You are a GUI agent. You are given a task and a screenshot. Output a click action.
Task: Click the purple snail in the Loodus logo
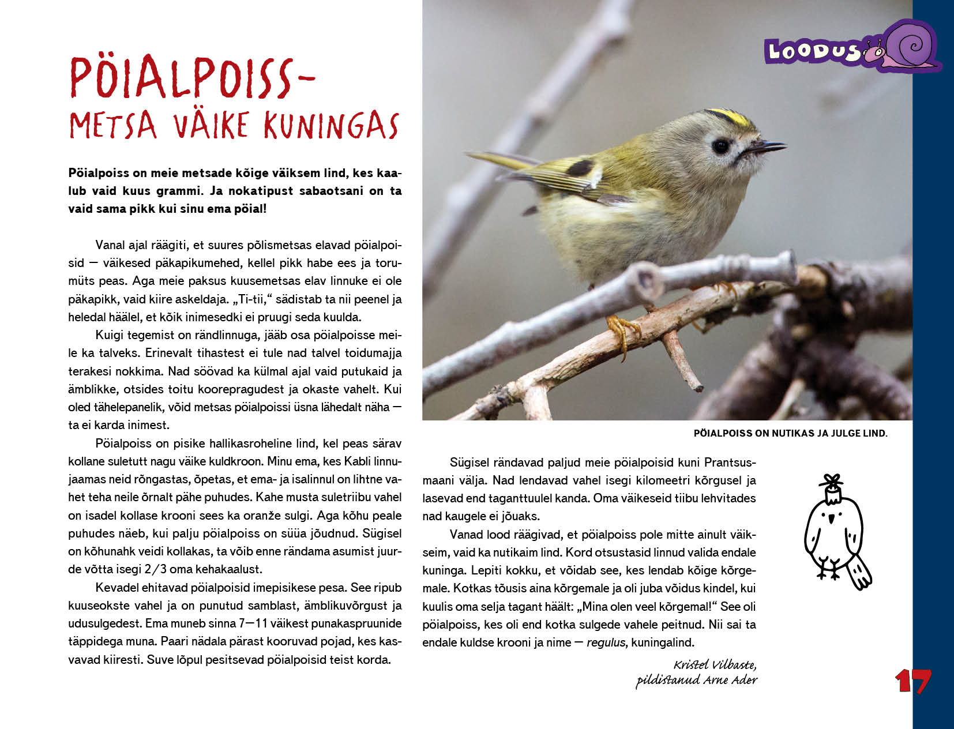908,46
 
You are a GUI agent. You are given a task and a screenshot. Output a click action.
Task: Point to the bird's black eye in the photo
721,146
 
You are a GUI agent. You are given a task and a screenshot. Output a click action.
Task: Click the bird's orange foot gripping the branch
622,331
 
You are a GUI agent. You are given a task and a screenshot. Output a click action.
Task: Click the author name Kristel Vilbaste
715,664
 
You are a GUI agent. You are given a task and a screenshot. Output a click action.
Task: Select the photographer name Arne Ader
730,680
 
